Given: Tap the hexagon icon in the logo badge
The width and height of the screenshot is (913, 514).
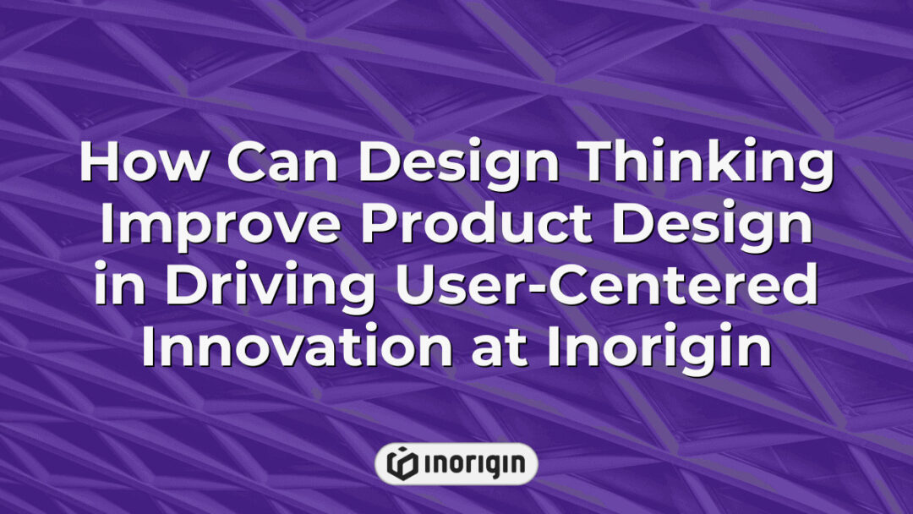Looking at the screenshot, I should tap(401, 463).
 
